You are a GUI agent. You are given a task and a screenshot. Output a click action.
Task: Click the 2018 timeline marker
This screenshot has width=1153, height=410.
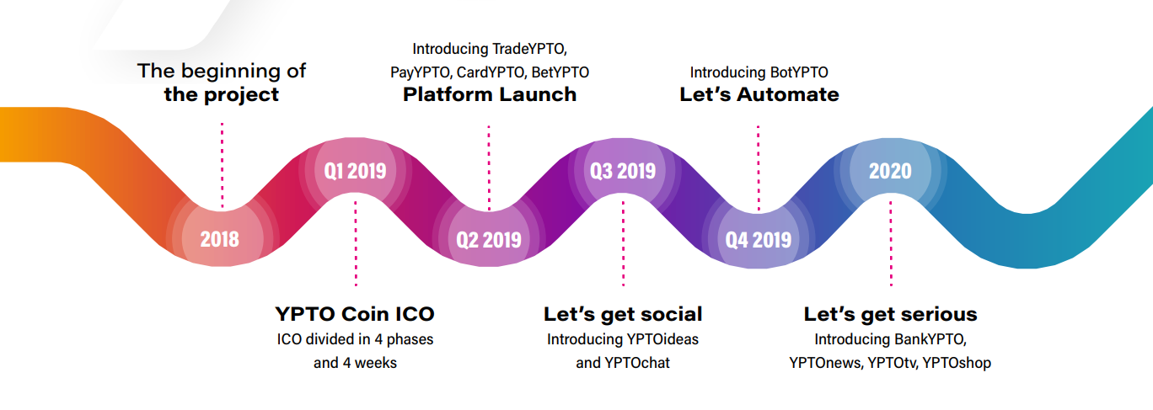[x=220, y=239]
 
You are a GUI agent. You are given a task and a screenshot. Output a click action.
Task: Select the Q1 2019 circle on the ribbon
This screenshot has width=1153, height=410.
[x=355, y=170]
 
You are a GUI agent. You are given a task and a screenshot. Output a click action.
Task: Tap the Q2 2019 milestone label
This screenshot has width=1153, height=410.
[x=489, y=240]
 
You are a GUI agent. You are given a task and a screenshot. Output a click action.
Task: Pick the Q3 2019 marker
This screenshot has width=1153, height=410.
[x=623, y=170]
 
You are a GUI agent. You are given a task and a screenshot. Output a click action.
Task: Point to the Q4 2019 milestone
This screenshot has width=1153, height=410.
[x=759, y=240]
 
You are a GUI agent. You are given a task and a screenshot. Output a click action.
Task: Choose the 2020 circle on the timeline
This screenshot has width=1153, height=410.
[x=891, y=170]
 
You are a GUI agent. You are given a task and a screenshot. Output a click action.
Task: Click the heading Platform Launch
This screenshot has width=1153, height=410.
[x=490, y=94]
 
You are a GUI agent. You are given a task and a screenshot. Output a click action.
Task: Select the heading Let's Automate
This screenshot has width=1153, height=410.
[x=759, y=94]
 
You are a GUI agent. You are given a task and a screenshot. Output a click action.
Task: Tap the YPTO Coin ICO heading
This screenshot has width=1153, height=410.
[x=355, y=314]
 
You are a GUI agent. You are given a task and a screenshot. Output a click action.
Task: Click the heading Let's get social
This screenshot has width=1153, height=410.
[x=623, y=314]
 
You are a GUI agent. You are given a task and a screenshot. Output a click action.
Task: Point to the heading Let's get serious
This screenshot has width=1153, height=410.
[x=891, y=314]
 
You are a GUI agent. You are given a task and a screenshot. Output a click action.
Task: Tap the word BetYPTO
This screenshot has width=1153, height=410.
[x=560, y=72]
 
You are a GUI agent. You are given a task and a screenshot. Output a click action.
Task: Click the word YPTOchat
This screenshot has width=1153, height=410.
[x=637, y=363]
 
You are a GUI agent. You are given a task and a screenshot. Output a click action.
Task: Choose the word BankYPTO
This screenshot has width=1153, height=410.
[x=928, y=339]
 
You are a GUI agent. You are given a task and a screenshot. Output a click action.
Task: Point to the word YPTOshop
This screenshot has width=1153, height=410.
[x=957, y=363]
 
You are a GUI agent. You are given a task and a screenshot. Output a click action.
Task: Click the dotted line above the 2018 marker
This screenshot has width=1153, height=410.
[x=222, y=166]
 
